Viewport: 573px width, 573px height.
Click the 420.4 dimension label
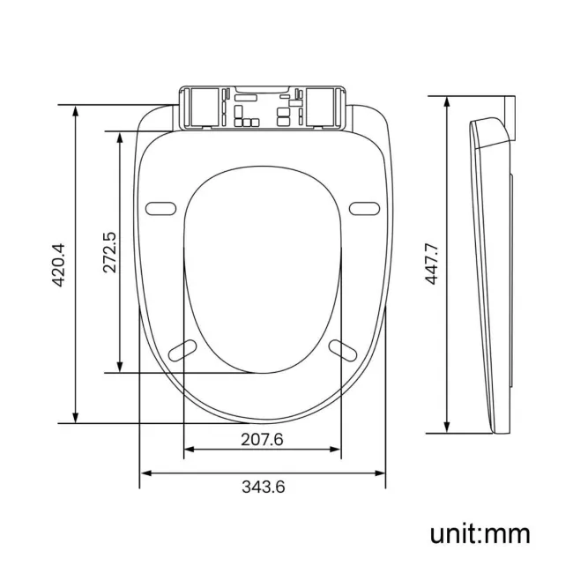pos(57,264)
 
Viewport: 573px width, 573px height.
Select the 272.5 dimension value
pos(108,253)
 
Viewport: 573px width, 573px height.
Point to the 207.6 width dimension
pos(261,440)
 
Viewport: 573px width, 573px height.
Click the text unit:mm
pos(480,533)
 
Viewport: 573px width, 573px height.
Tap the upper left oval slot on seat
pos(160,208)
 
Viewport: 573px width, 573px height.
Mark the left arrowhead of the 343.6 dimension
pos(145,473)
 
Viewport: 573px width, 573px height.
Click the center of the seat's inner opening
pos(262,264)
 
